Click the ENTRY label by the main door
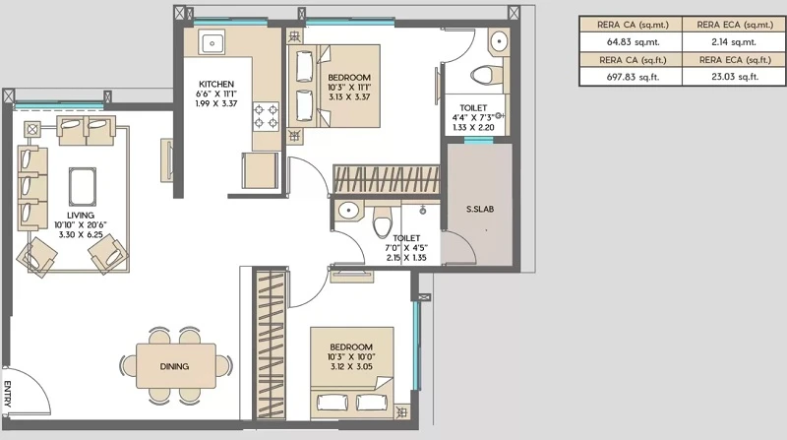(x=8, y=394)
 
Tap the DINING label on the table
(x=175, y=366)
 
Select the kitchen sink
(x=212, y=41)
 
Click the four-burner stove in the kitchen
(x=266, y=116)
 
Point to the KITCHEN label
(x=216, y=84)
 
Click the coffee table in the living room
(x=83, y=186)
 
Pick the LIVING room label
(x=81, y=215)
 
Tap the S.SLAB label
(x=480, y=209)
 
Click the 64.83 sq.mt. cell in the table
(x=631, y=42)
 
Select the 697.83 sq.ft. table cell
(x=631, y=77)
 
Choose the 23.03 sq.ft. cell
(x=734, y=77)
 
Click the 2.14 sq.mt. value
(x=734, y=42)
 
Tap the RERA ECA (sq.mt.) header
(x=734, y=25)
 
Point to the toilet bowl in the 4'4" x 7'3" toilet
(x=483, y=76)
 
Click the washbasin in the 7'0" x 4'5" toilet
(x=348, y=210)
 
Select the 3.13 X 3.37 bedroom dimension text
(x=349, y=96)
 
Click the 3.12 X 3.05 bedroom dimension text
(x=351, y=366)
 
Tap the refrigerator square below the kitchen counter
(x=260, y=170)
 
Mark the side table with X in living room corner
(x=32, y=129)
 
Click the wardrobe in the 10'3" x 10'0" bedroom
(x=272, y=345)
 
